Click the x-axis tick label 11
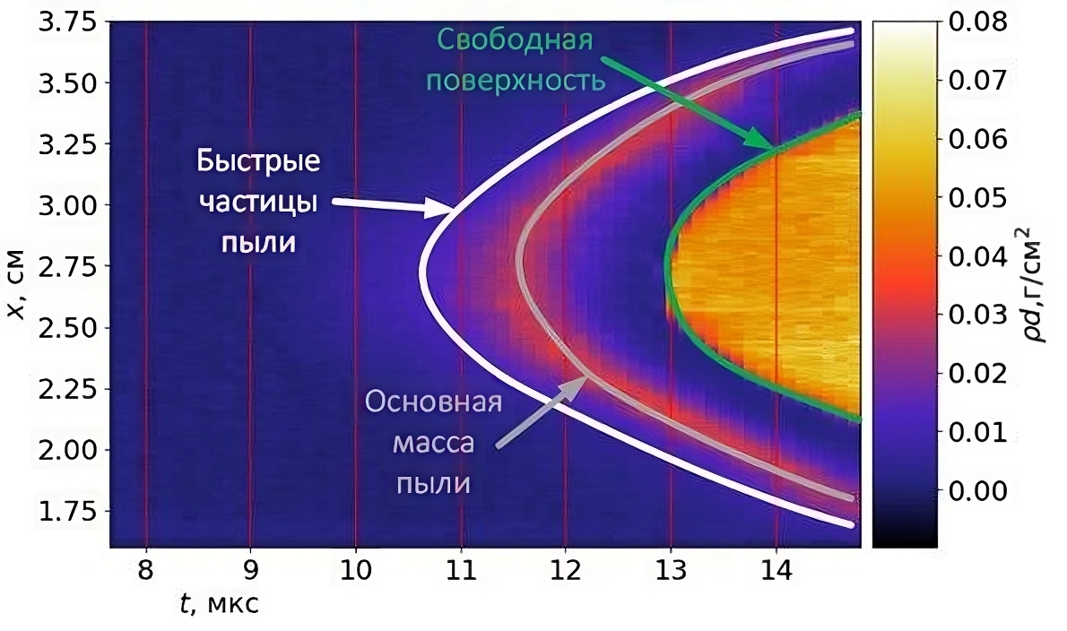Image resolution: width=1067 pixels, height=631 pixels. (x=460, y=570)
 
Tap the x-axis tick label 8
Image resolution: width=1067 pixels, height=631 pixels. (x=145, y=570)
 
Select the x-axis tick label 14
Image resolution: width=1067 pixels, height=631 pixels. (x=776, y=570)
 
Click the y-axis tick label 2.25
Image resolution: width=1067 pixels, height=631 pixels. (x=70, y=390)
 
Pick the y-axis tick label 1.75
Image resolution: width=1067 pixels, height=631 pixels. (x=70, y=512)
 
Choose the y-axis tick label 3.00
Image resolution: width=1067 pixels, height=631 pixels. (x=70, y=206)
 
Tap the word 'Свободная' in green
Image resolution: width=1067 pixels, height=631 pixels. (x=516, y=41)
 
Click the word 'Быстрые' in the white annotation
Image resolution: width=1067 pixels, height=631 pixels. (x=258, y=165)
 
